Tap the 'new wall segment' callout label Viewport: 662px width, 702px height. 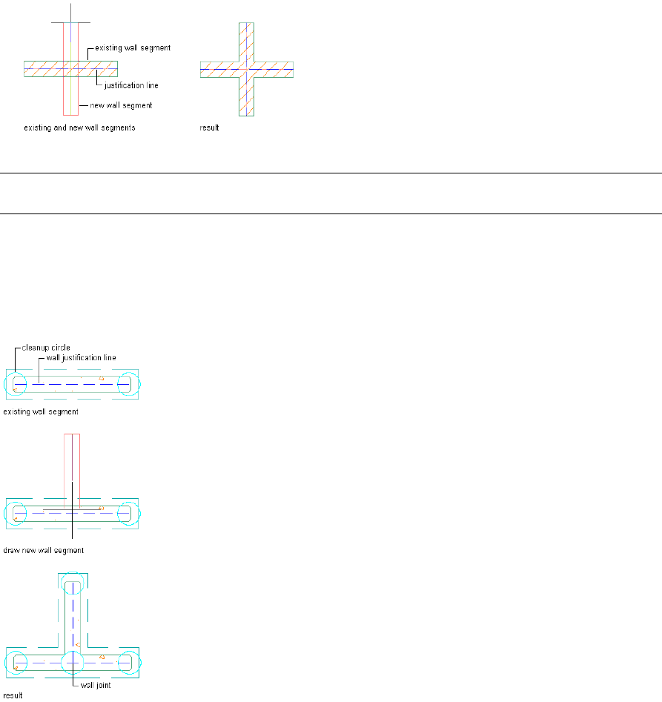coord(121,105)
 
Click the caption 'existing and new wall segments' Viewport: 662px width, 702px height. coord(80,128)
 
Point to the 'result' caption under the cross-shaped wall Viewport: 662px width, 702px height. coord(210,128)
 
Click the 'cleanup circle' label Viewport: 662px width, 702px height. coord(46,345)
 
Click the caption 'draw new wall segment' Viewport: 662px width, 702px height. coord(44,551)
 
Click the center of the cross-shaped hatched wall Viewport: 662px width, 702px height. coord(247,69)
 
